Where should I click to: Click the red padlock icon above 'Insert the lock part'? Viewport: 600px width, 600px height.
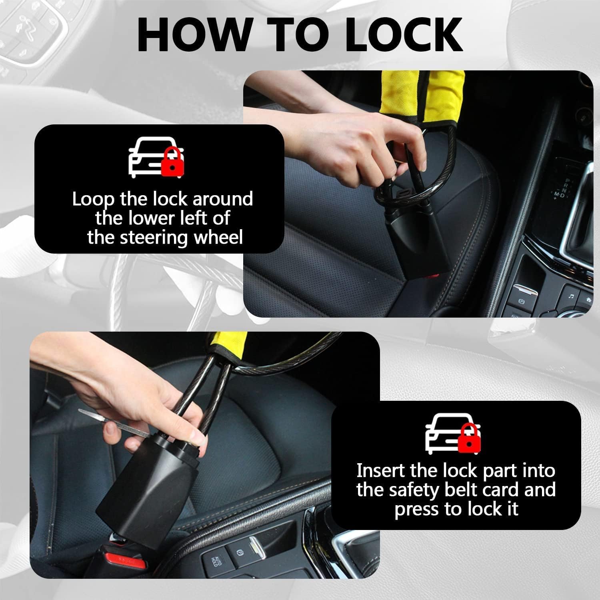[x=469, y=437]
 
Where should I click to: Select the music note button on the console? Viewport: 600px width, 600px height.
[x=571, y=296]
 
